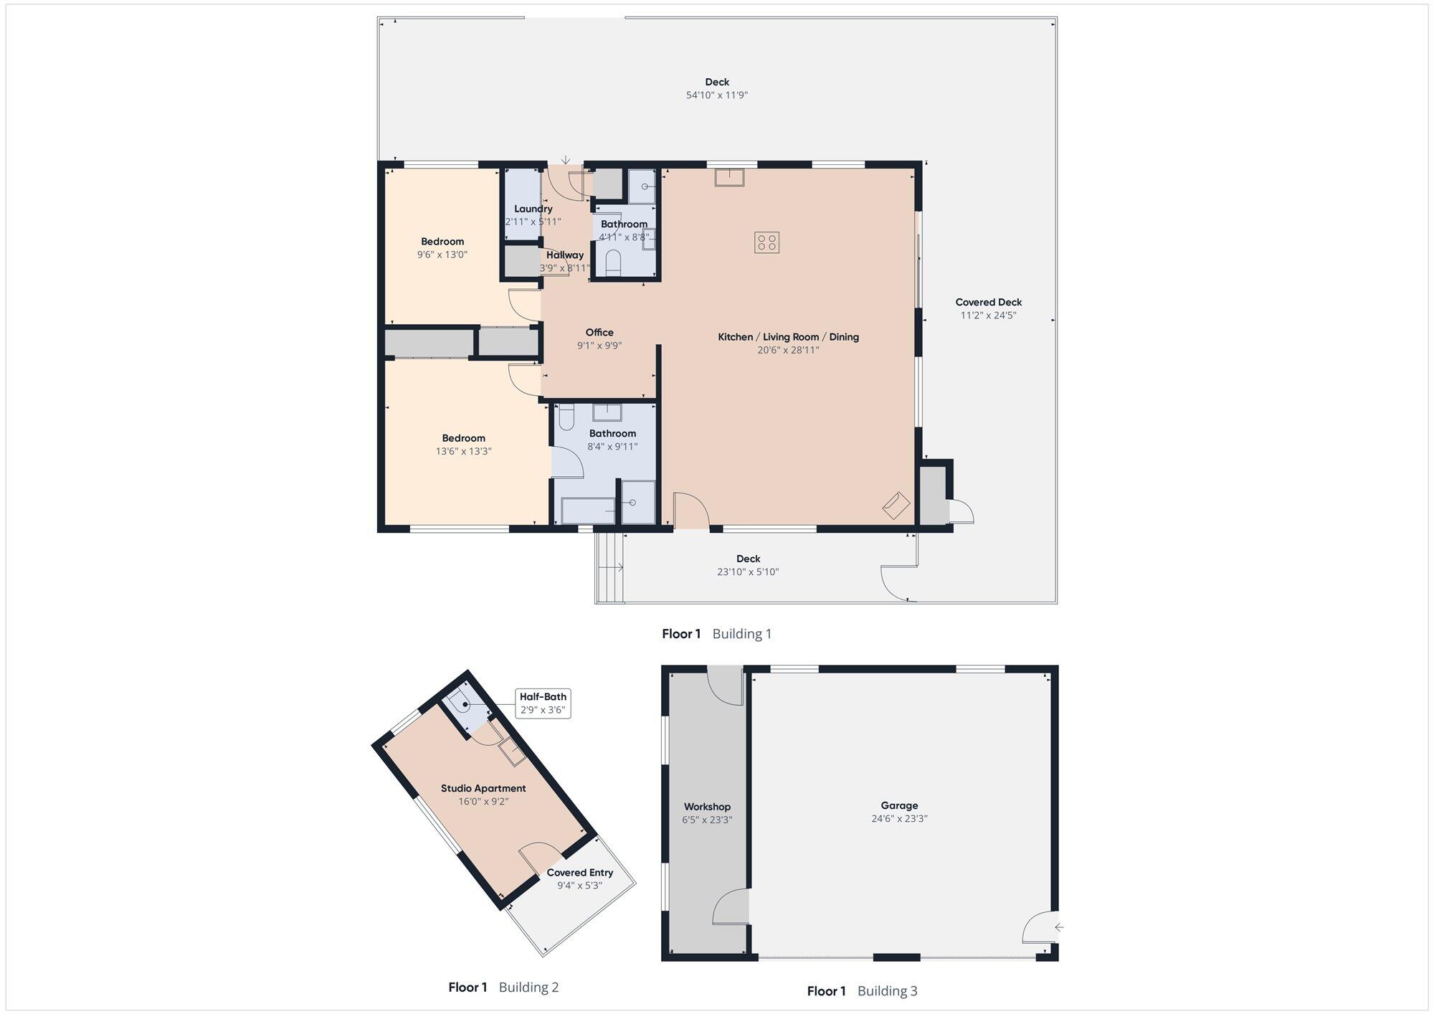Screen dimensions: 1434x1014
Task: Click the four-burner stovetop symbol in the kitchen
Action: (766, 242)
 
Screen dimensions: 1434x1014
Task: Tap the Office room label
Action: (599, 332)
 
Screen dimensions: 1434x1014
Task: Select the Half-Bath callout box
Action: (543, 703)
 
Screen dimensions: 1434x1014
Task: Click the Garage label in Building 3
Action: (899, 805)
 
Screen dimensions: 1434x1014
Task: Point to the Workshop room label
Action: (707, 807)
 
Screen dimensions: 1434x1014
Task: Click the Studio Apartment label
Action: (483, 788)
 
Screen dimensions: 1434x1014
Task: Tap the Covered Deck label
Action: (989, 302)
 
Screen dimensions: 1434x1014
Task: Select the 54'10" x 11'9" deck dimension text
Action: (717, 95)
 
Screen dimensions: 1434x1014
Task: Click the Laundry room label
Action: (533, 209)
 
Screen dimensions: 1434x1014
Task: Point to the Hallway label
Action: (565, 255)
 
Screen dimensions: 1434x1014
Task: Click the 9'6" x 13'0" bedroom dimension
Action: (442, 254)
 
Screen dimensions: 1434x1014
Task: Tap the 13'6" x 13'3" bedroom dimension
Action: (463, 451)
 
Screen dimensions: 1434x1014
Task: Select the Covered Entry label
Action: (580, 873)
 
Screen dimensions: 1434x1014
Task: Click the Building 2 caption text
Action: (528, 987)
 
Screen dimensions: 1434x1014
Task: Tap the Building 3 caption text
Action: (887, 991)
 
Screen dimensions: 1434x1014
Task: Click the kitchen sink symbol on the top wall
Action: (729, 177)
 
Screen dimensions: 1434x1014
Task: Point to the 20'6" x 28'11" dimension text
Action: (788, 350)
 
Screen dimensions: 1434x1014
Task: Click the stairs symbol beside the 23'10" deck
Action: (609, 567)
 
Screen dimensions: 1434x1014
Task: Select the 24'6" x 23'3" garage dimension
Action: (899, 818)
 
